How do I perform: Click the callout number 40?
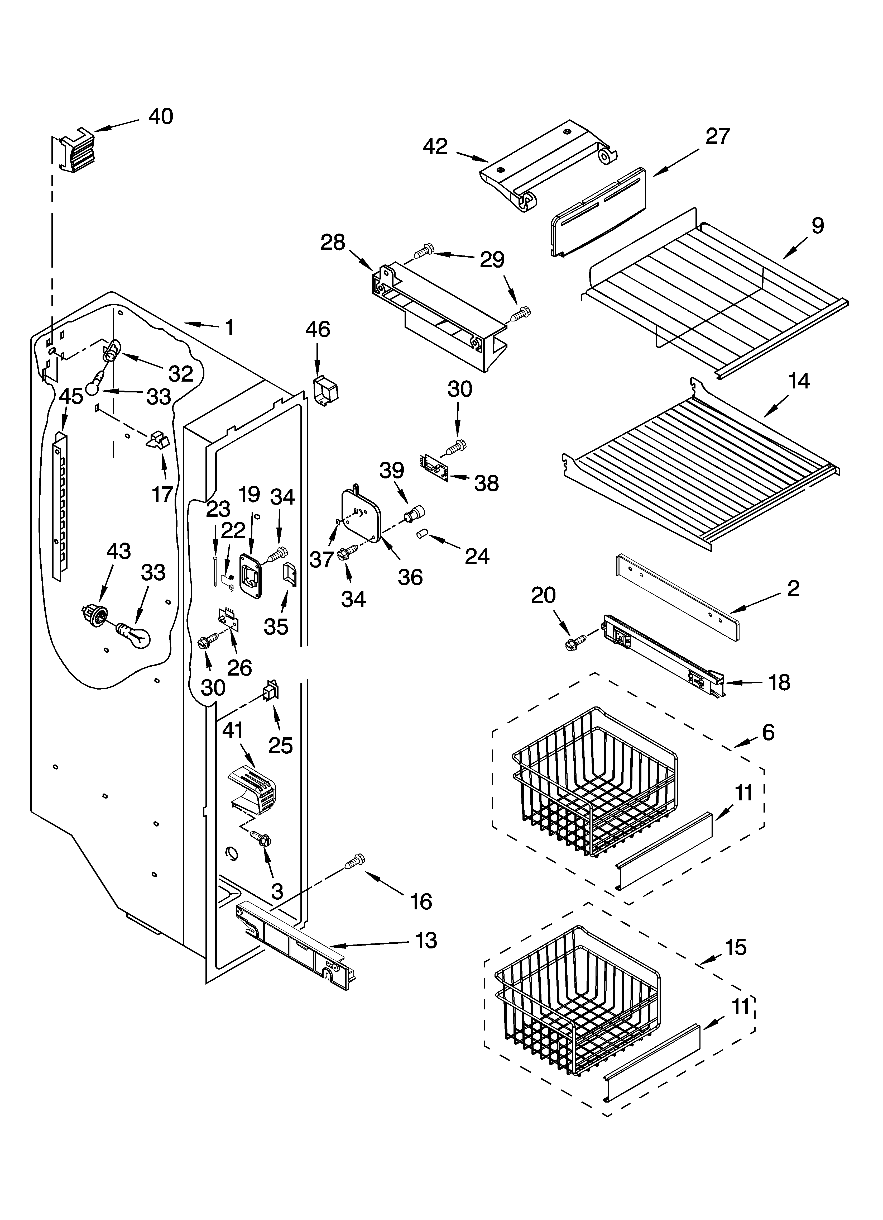160,117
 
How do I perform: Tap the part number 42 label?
435,146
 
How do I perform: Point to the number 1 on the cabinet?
229,327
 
